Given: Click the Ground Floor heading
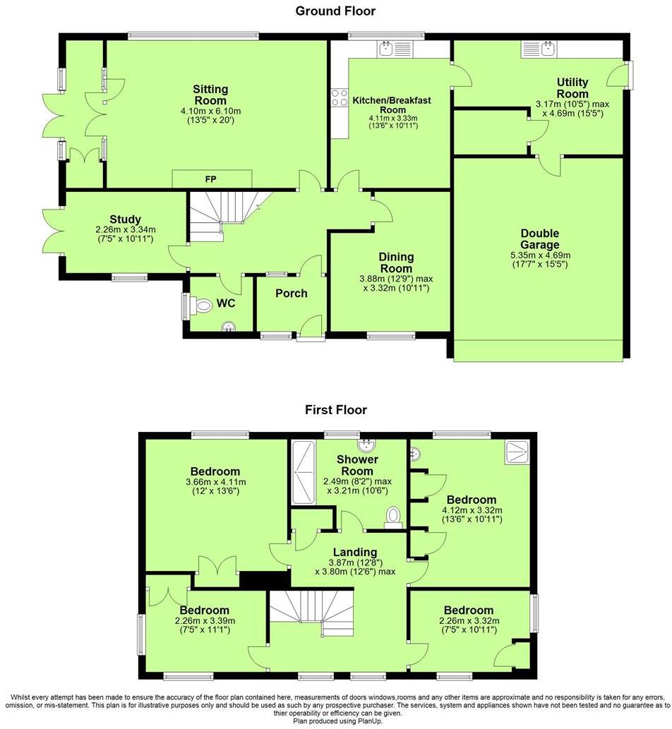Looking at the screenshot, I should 335,11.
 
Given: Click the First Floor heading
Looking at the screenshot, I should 335,409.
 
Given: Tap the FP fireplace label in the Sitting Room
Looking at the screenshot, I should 210,179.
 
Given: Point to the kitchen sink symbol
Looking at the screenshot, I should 386,49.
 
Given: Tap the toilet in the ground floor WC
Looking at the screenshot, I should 202,306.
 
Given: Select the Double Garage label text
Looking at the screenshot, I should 539,239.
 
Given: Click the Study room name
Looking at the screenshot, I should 125,219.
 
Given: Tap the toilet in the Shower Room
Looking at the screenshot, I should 392,517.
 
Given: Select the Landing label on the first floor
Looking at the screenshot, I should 356,552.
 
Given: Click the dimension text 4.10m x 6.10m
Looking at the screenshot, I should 210,111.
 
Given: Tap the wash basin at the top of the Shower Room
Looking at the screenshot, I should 366,444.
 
